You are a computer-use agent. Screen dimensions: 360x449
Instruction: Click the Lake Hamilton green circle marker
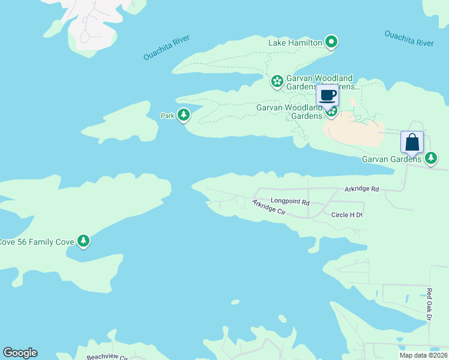(331, 42)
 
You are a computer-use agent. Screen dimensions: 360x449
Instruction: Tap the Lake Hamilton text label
(295, 43)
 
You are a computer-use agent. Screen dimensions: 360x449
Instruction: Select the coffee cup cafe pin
(328, 95)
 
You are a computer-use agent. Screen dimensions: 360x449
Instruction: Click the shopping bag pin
(412, 143)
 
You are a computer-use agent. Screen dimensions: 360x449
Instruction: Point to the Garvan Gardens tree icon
(431, 158)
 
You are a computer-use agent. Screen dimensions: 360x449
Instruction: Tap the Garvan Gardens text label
(391, 160)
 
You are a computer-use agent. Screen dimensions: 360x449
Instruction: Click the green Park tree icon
(184, 115)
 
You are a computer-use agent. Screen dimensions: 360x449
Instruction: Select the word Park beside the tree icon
(167, 115)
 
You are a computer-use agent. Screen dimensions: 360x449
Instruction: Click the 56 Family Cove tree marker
(83, 241)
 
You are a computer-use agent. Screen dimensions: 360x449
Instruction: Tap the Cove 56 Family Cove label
(36, 242)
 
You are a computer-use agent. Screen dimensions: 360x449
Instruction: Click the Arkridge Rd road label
(361, 189)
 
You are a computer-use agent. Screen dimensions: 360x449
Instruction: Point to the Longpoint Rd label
(289, 202)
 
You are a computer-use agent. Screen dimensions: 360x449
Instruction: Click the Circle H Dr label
(347, 214)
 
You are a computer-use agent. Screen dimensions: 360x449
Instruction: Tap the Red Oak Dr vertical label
(429, 304)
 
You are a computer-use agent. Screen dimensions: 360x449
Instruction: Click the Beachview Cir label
(107, 357)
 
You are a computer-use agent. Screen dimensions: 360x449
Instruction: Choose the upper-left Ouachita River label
(166, 47)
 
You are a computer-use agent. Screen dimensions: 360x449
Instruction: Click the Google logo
(20, 353)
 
